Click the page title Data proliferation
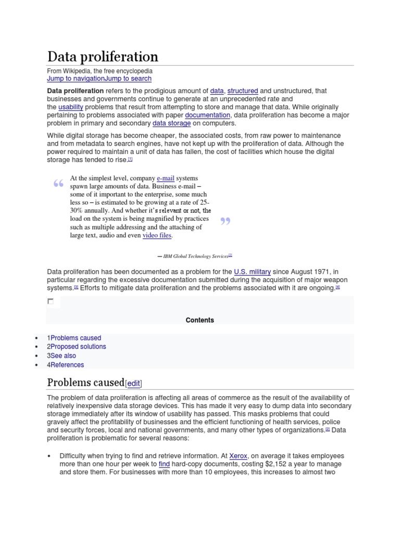tap(103, 56)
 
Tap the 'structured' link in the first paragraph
tap(243, 91)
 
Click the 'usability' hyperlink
tap(71, 107)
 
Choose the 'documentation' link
tap(207, 115)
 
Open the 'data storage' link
tap(171, 123)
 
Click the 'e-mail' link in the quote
tap(166, 178)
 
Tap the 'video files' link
tap(157, 235)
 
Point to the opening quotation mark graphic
tap(58, 184)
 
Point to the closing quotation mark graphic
tap(225, 222)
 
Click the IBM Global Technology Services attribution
tap(196, 256)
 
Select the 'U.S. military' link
tap(253, 272)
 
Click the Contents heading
tap(200, 320)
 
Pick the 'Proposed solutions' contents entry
tap(78, 347)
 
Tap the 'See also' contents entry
tap(63, 356)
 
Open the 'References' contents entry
tap(67, 365)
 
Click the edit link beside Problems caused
tap(134, 384)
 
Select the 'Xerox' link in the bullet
tap(238, 456)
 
